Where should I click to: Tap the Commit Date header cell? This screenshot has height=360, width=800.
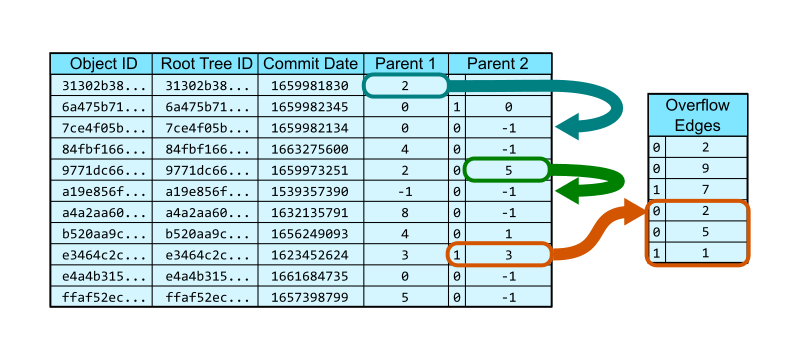pos(310,63)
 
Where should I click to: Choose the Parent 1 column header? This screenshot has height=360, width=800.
pos(404,63)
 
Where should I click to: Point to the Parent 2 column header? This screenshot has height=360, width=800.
pos(499,63)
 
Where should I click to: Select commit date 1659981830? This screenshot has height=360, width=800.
pos(310,85)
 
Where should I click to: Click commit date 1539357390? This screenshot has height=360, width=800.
pos(310,191)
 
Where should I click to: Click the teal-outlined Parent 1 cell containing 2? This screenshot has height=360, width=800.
pos(404,85)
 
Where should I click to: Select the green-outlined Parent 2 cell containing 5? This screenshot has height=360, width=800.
pos(508,169)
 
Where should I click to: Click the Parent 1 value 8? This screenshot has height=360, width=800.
pos(404,212)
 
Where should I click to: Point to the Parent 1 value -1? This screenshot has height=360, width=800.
pos(404,191)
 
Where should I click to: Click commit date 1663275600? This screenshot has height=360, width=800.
pos(310,148)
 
